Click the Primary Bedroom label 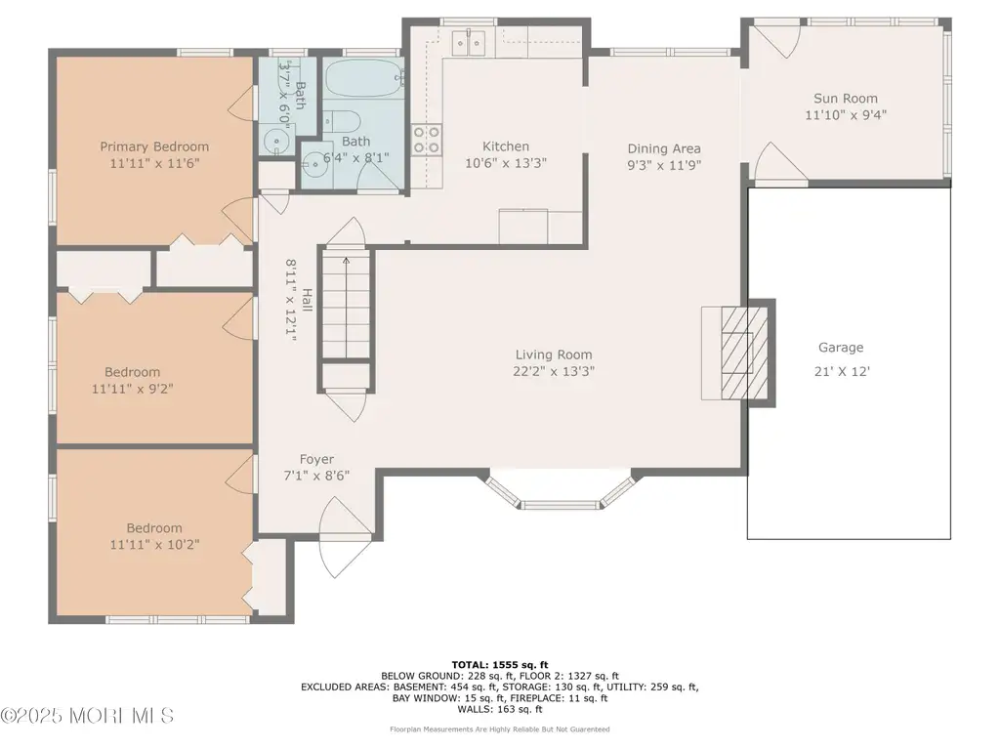(154, 146)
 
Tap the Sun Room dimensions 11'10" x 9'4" (846, 115)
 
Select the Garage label (841, 348)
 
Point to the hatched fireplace (744, 353)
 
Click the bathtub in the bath (363, 79)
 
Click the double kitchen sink (468, 43)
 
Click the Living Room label (554, 354)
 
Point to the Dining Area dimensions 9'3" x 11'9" (664, 165)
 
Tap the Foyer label (316, 459)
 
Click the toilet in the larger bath (342, 121)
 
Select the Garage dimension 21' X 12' (842, 371)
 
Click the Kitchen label (505, 146)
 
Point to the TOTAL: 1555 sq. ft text (500, 665)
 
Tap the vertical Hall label (308, 300)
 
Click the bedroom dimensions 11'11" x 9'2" (132, 389)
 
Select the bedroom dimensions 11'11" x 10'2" (154, 545)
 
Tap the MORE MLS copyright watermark (87, 716)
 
